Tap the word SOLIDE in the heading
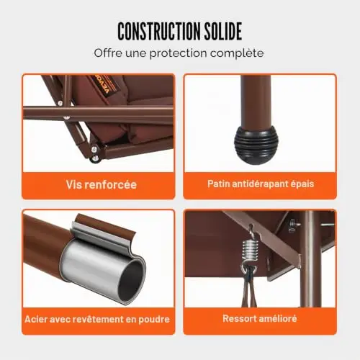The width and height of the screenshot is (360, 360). [223, 31]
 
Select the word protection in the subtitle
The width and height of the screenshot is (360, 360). [179, 53]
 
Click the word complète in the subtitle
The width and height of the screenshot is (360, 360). [237, 53]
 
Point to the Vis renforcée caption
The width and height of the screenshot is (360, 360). [102, 184]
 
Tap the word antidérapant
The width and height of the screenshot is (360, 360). [260, 184]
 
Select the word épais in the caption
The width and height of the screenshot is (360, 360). [302, 184]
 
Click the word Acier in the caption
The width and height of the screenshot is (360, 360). [35, 319]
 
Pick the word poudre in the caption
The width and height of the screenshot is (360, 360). [154, 320]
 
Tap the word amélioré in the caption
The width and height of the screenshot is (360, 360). [278, 318]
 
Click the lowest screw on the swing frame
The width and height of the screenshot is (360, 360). [96, 158]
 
